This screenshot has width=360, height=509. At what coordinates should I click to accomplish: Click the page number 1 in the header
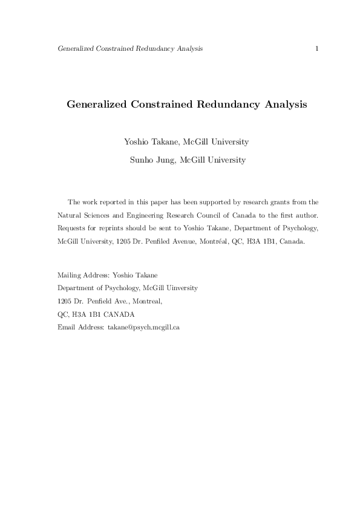click(x=317, y=48)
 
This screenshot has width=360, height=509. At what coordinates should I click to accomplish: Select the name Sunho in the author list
click(x=142, y=160)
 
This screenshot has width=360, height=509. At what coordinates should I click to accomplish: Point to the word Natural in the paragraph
click(x=70, y=215)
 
